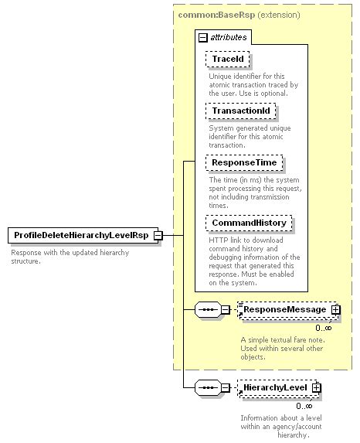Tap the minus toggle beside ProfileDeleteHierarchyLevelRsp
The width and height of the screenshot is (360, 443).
(158, 235)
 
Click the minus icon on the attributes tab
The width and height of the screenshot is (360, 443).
(202, 36)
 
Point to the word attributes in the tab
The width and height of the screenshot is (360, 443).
(229, 36)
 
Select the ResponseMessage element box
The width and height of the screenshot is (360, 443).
(285, 310)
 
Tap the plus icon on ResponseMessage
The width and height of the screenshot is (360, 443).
(336, 310)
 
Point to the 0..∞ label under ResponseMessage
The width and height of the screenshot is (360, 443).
(324, 327)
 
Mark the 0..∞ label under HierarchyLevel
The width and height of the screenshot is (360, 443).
(304, 405)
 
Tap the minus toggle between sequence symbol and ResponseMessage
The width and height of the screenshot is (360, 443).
(226, 310)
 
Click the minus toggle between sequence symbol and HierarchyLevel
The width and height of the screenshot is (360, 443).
(226, 387)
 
